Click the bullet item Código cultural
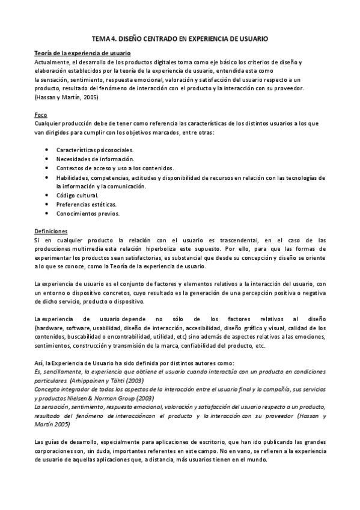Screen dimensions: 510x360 [78, 195]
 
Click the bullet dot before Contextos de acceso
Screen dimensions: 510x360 [47, 168]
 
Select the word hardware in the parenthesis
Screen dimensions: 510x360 [50, 328]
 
